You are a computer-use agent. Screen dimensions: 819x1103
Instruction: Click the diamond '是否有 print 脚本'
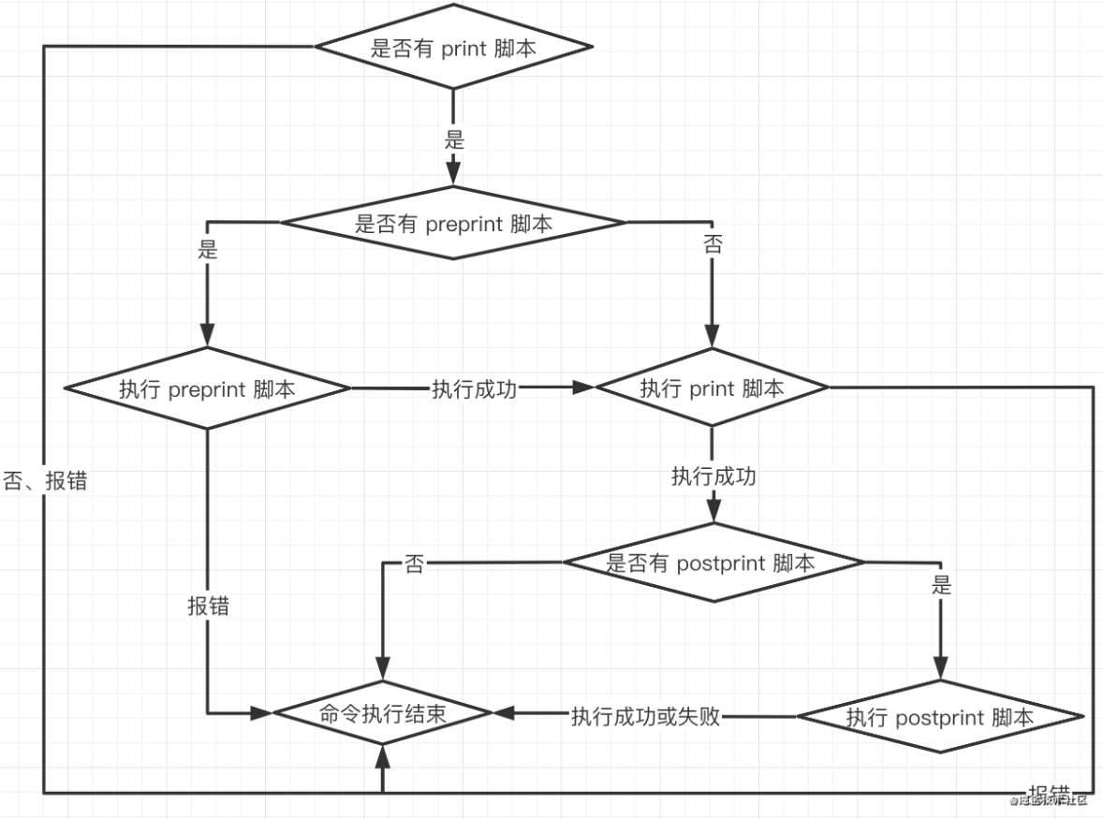click(x=454, y=48)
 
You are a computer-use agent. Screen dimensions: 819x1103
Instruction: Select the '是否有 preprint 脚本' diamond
click(x=454, y=224)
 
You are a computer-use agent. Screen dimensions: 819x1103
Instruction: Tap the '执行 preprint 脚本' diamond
click(x=207, y=388)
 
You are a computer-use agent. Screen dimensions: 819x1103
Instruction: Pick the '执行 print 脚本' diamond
click(x=712, y=388)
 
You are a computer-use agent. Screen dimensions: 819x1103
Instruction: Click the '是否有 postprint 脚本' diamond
click(x=712, y=563)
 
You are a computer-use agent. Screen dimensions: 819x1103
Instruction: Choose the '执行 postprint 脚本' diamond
click(x=940, y=717)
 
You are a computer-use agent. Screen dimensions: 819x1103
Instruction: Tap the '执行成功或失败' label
click(x=645, y=717)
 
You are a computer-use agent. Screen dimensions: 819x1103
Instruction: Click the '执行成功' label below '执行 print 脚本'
click(x=713, y=475)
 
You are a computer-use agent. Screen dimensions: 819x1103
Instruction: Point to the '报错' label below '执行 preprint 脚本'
click(x=208, y=606)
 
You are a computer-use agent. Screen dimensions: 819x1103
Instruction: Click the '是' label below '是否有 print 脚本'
click(x=454, y=141)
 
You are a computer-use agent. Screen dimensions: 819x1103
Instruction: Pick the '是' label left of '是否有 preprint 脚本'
click(x=208, y=249)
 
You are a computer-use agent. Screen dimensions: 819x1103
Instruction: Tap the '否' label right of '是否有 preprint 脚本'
click(x=713, y=245)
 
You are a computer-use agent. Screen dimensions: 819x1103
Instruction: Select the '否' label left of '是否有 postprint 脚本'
click(x=413, y=563)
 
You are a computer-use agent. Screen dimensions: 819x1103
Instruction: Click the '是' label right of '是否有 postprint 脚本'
click(x=941, y=587)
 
